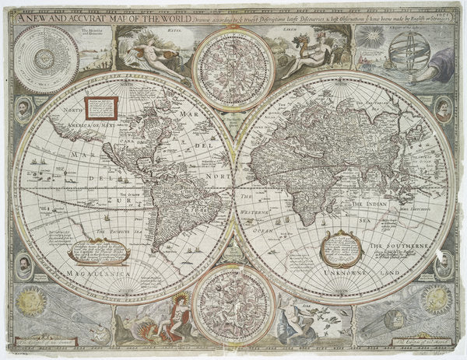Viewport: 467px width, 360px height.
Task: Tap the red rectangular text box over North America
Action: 100,107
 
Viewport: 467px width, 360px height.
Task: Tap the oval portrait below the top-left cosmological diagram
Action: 24,109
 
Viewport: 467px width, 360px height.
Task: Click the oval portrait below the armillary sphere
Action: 443,109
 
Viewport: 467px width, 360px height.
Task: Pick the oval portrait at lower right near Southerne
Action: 444,264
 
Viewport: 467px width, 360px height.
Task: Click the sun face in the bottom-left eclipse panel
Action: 31,300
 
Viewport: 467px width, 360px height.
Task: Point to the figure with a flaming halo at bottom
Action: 180,309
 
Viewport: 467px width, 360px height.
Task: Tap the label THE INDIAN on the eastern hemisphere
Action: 370,204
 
